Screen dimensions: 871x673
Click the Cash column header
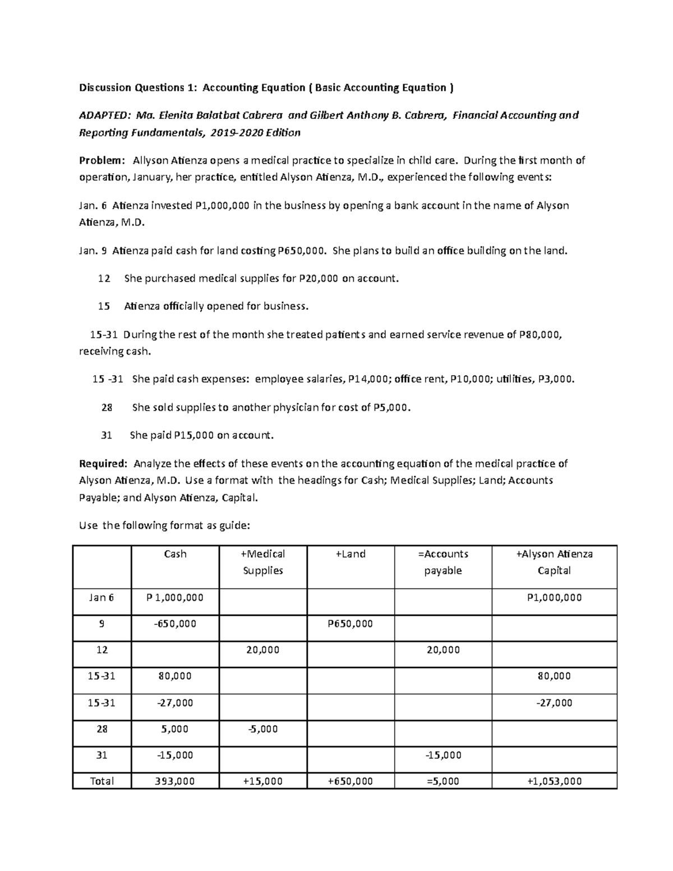[175, 554]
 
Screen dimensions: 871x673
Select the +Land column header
[351, 554]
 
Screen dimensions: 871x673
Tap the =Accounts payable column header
[443, 562]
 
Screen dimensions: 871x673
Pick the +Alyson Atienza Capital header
[554, 562]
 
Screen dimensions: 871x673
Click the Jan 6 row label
[102, 598]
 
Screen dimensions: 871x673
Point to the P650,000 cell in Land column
[350, 624]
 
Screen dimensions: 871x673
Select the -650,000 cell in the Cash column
[175, 624]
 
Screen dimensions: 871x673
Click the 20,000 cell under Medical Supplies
[262, 650]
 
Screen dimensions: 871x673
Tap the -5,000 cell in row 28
[262, 729]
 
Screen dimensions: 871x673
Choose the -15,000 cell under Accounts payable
[443, 755]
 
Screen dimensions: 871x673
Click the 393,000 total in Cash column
[175, 781]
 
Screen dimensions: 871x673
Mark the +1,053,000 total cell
[554, 781]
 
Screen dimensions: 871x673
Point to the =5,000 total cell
[443, 781]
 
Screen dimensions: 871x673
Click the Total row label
[102, 781]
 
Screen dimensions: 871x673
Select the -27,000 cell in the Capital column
[554, 703]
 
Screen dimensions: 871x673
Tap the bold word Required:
[103, 464]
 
